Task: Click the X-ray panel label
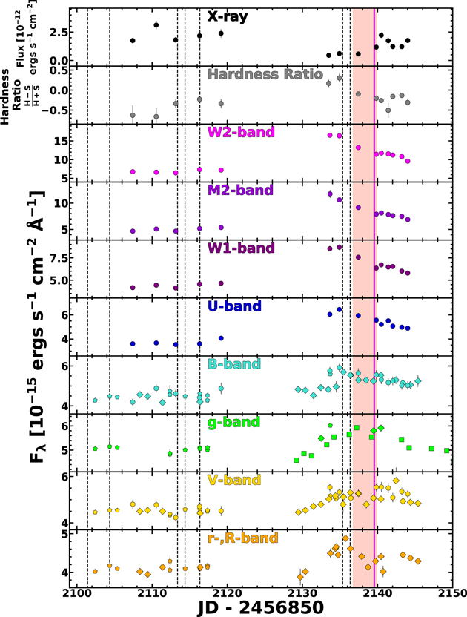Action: [228, 16]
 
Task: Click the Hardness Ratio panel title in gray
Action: [265, 74]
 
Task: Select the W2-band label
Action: [241, 132]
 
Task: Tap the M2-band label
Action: [240, 190]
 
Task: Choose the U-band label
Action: [234, 306]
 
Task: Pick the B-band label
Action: [234, 364]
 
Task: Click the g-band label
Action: [233, 423]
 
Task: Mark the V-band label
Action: [234, 480]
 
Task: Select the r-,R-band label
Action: [242, 538]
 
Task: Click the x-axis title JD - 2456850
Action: [260, 607]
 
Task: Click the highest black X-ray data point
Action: [156, 25]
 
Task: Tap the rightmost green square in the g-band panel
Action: [446, 451]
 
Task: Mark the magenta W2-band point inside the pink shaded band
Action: [358, 148]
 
